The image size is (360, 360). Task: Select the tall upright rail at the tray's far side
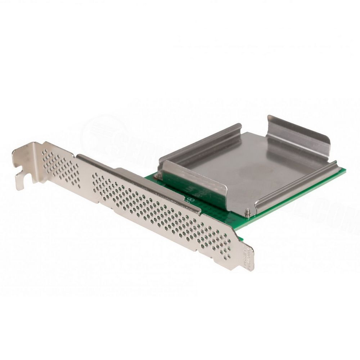click(299, 139)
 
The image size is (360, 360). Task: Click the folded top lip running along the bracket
click(137, 180)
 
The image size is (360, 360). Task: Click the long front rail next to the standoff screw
click(295, 187)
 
